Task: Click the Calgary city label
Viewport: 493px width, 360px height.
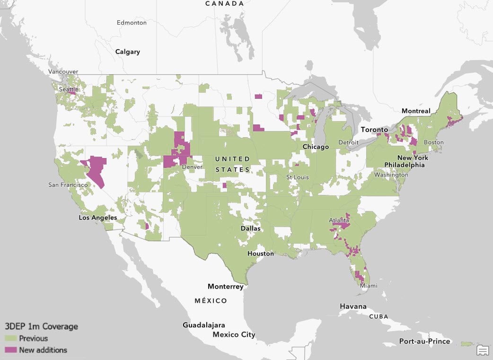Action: pos(127,52)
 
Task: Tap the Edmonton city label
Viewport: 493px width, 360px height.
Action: pos(132,23)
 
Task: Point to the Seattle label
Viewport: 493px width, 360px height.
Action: pos(69,89)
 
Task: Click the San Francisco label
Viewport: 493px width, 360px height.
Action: pos(67,184)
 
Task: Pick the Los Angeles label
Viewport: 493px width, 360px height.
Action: pos(98,218)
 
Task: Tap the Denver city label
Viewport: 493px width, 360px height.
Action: pos(192,167)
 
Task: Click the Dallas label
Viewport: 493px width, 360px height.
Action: pos(250,228)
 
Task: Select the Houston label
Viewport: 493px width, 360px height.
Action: pos(261,254)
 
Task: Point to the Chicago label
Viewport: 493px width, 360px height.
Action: pos(316,147)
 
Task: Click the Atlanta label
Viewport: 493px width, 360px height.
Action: pos(339,220)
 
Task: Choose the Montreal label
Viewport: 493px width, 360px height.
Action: pos(416,111)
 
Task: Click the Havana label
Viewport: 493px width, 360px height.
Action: pos(352,307)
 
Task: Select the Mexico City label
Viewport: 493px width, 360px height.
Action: pos(234,334)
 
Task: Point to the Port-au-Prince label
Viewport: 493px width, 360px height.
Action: pos(425,341)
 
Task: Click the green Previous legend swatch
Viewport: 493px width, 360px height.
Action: pos(10,338)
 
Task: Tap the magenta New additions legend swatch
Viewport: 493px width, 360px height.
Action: pos(10,350)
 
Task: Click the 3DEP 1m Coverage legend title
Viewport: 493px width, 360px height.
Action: pos(41,326)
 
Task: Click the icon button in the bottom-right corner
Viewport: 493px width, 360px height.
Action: pos(482,350)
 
